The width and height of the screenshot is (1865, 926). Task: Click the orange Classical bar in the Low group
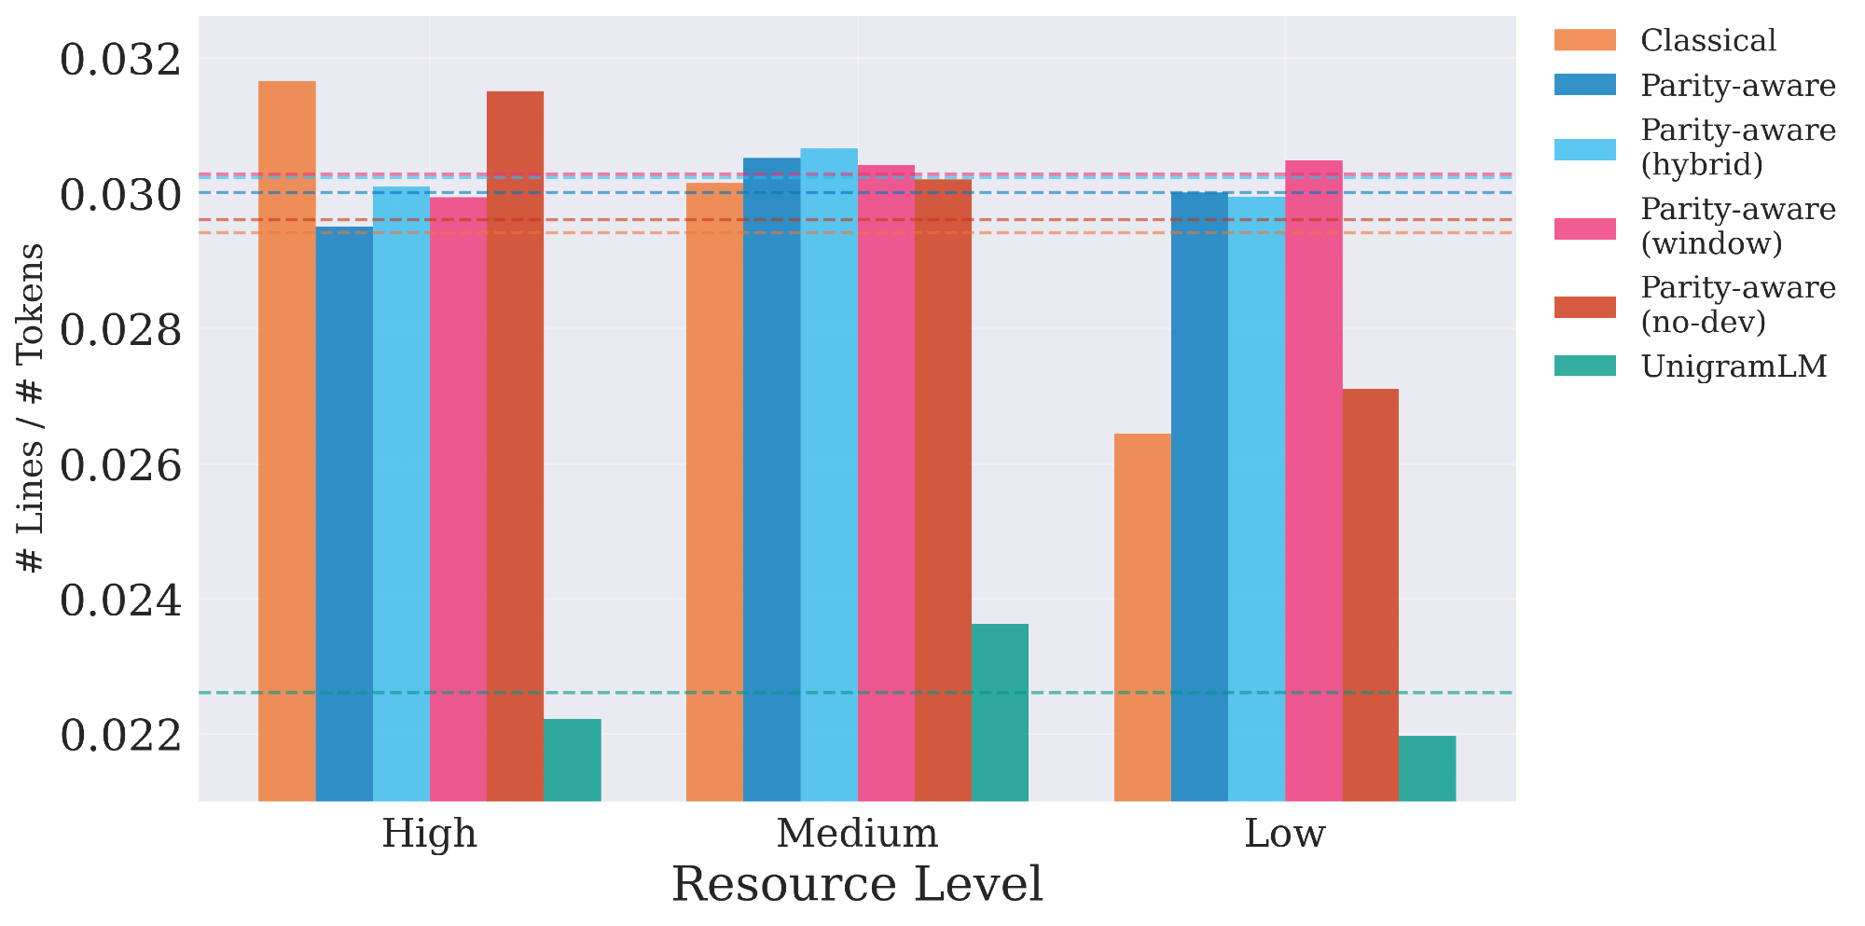click(1142, 616)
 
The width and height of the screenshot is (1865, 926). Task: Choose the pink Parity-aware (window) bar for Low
click(1313, 480)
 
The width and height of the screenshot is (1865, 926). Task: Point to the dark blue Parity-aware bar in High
click(344, 513)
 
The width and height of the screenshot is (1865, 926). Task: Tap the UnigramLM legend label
click(1734, 366)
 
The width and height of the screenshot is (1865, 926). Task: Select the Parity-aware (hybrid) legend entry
click(1737, 147)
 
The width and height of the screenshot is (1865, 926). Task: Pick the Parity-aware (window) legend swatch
click(1584, 227)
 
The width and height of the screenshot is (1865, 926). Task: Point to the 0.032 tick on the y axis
click(121, 61)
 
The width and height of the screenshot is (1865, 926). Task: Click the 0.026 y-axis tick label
click(121, 465)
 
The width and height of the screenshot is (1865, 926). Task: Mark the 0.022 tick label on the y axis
click(121, 736)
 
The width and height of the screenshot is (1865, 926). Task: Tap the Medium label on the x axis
click(857, 834)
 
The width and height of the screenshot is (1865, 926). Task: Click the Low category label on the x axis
click(1284, 834)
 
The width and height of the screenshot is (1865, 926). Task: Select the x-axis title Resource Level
click(857, 885)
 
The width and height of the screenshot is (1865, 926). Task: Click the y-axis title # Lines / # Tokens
click(32, 408)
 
